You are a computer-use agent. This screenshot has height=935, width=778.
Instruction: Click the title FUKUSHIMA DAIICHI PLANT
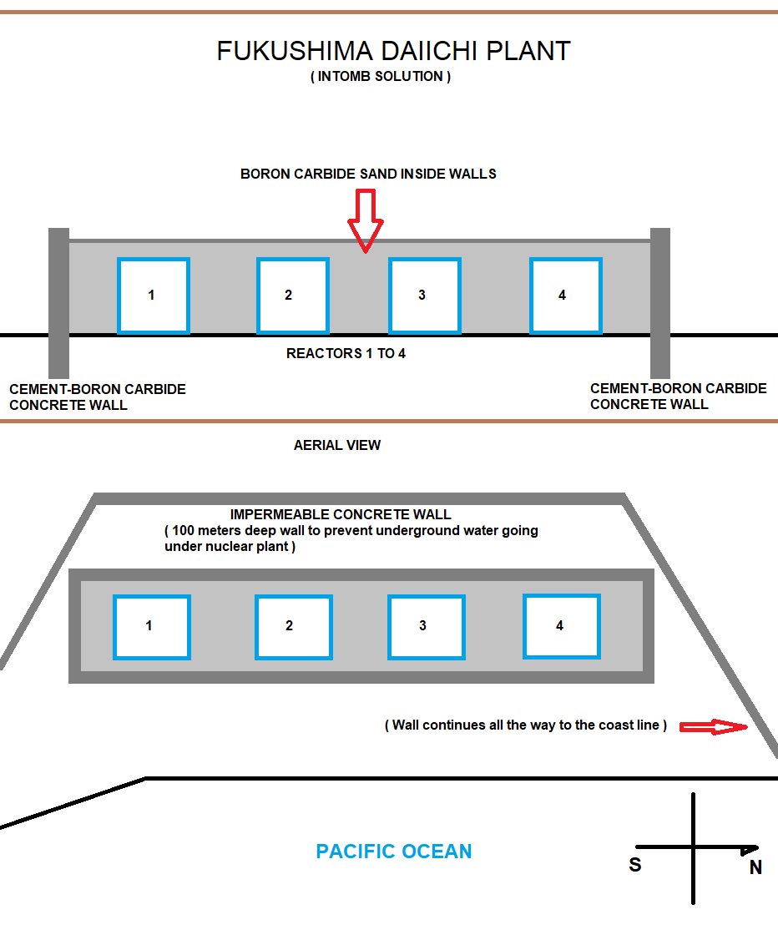pyautogui.click(x=393, y=51)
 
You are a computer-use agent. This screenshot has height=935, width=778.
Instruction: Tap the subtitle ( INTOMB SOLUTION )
pyautogui.click(x=380, y=77)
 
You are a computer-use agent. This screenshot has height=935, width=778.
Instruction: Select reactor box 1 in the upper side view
pyautogui.click(x=153, y=296)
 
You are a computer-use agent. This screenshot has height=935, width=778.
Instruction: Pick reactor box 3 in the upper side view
pyautogui.click(x=424, y=296)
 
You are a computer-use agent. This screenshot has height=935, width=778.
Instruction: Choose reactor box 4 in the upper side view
pyautogui.click(x=565, y=296)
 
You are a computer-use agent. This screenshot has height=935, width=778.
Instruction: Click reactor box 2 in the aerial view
pyautogui.click(x=293, y=626)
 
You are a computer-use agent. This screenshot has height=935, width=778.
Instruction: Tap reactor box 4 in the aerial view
pyautogui.click(x=561, y=625)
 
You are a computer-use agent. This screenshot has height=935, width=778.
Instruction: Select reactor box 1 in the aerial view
pyautogui.click(x=152, y=626)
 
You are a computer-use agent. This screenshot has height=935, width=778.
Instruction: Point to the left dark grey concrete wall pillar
pyautogui.click(x=58, y=302)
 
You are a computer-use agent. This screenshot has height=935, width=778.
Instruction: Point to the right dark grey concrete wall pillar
pyautogui.click(x=659, y=302)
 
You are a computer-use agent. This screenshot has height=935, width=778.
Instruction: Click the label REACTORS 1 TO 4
pyautogui.click(x=346, y=353)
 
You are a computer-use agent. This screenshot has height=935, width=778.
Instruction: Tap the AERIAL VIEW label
pyautogui.click(x=337, y=446)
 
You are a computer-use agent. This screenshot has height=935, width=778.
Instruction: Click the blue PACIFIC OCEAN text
pyautogui.click(x=394, y=852)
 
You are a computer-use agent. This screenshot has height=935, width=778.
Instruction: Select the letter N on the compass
pyautogui.click(x=755, y=868)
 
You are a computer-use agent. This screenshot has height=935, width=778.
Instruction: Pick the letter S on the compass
pyautogui.click(x=635, y=865)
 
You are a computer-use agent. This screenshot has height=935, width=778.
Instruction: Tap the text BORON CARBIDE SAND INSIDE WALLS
pyautogui.click(x=368, y=174)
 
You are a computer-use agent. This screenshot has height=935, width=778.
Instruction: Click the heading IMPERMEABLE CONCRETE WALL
pyautogui.click(x=340, y=514)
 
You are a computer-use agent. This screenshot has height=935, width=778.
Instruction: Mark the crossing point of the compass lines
pyautogui.click(x=693, y=847)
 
